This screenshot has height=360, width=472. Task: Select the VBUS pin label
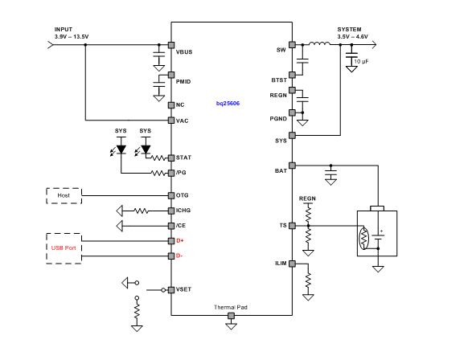point(184,51)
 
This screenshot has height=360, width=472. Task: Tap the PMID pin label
point(183,81)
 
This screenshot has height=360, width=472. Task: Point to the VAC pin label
point(182,121)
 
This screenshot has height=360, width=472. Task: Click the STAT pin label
point(183,157)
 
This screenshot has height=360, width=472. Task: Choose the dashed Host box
point(64,194)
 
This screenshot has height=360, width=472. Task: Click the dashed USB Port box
point(64,247)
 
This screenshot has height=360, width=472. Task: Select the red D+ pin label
point(181,241)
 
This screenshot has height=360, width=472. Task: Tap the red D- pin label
point(180,256)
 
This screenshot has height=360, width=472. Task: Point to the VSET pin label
point(183,288)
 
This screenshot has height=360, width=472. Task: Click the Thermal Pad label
point(232,308)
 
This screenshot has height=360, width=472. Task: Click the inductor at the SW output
point(320,45)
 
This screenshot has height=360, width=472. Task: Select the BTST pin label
point(278,80)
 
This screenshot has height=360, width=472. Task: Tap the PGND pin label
point(277,118)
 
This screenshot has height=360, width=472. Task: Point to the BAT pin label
point(281,171)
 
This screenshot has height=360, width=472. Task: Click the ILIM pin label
point(280,263)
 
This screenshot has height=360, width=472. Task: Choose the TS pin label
point(282,226)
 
